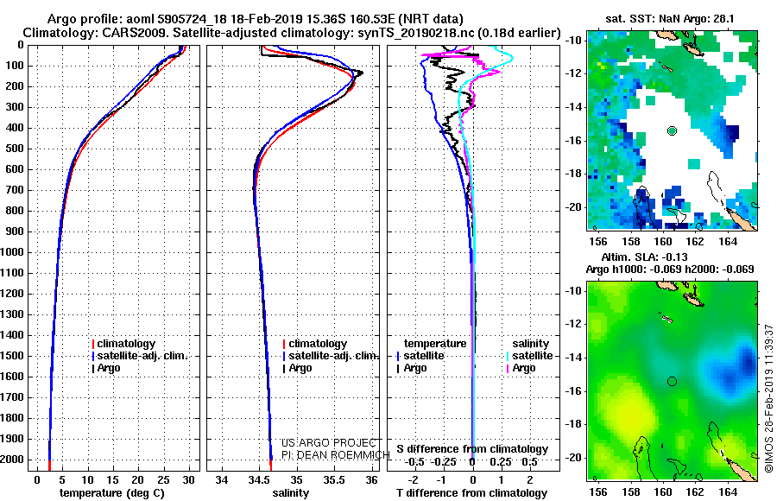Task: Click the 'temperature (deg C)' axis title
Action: pyautogui.click(x=111, y=493)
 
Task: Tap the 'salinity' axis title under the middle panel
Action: pyautogui.click(x=290, y=493)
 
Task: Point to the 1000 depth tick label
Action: pyautogui.click(x=12, y=252)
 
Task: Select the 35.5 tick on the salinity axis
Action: pyautogui.click(x=334, y=480)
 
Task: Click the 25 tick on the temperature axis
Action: pyautogui.click(x=162, y=480)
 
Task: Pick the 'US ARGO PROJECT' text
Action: pyautogui.click(x=329, y=443)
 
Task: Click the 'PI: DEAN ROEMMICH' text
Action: pyautogui.click(x=336, y=455)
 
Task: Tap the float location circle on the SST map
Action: pyautogui.click(x=672, y=131)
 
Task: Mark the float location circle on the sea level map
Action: pyautogui.click(x=672, y=381)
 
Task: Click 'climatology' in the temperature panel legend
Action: pyautogui.click(x=126, y=344)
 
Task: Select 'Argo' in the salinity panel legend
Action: pyautogui.click(x=300, y=368)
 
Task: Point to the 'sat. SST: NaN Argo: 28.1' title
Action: pyautogui.click(x=670, y=19)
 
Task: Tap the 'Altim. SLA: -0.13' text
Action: pyautogui.click(x=644, y=257)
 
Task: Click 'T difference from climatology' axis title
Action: pyautogui.click(x=472, y=493)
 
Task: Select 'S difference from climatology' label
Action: pyautogui.click(x=472, y=449)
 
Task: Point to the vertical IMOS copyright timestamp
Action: pyautogui.click(x=769, y=398)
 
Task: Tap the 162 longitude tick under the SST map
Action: pyautogui.click(x=695, y=242)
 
